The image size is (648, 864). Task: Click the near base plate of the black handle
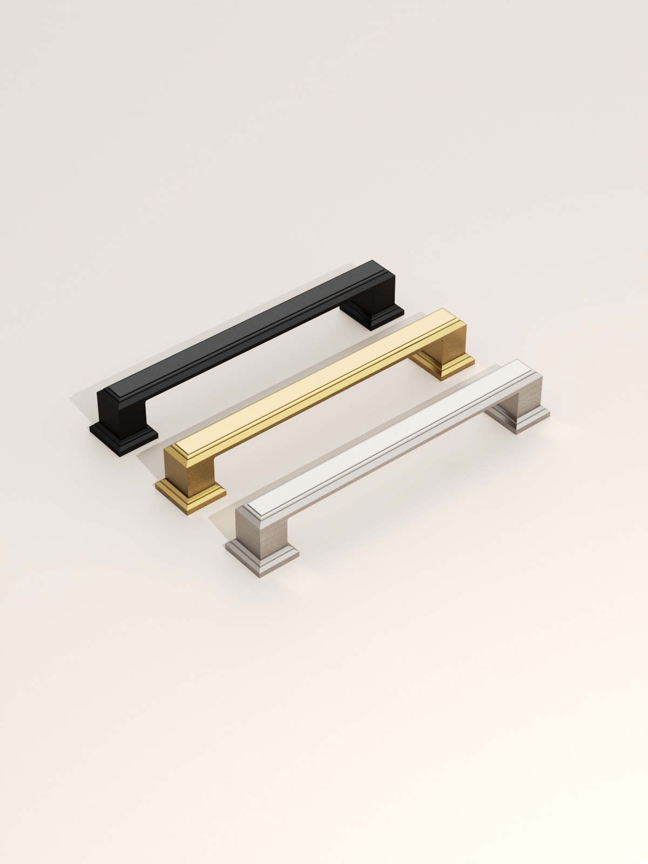(x=122, y=437)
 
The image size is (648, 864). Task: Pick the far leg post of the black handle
(x=373, y=302)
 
